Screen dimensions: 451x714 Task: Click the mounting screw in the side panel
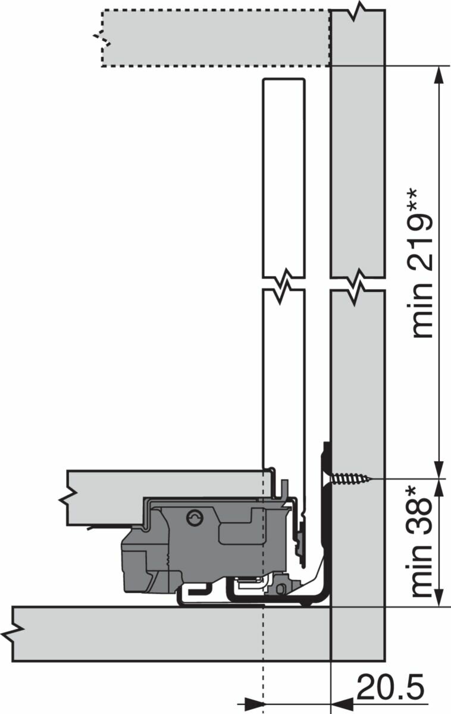pos(350,479)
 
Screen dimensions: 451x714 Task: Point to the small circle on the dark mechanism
pos(195,519)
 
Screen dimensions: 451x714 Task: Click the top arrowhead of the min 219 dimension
pos(439,75)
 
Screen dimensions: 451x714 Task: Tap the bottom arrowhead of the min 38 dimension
pos(439,597)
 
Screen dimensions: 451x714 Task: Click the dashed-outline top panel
pos(215,39)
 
